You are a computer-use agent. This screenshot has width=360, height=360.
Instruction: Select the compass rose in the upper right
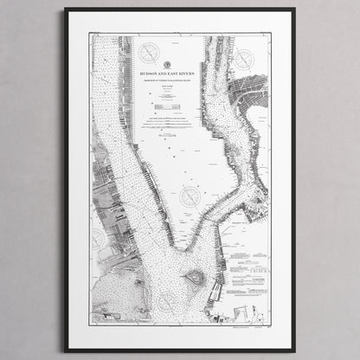point(245,60)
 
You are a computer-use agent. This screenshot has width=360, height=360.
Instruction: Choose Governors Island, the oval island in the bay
point(194,279)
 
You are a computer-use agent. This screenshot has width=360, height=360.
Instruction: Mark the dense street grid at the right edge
point(257,95)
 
